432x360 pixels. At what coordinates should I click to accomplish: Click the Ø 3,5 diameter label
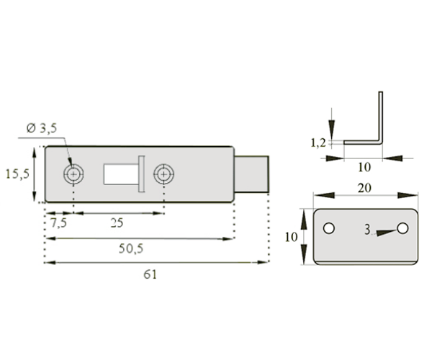(x=42, y=128)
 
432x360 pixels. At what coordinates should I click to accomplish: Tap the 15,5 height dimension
(x=17, y=174)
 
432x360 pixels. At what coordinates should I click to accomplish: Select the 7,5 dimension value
(x=59, y=222)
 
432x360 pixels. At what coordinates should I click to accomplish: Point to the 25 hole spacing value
(x=117, y=222)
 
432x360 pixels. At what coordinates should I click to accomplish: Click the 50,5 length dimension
(x=131, y=248)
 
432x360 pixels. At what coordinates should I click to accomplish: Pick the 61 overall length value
(x=150, y=274)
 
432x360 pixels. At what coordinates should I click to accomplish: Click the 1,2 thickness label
(x=318, y=143)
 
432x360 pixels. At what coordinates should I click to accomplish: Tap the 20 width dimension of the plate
(x=364, y=188)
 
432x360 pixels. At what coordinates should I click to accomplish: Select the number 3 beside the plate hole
(x=367, y=230)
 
